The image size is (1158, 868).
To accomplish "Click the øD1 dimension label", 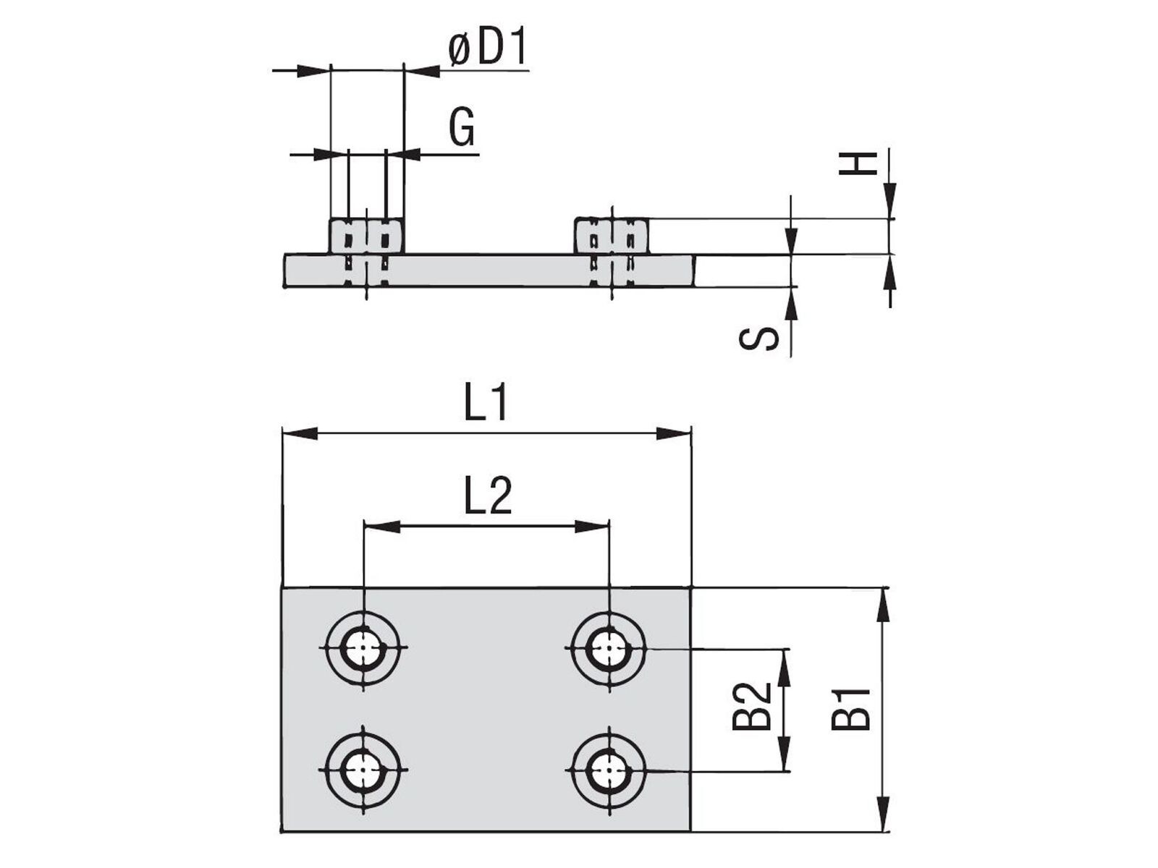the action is coord(488,48).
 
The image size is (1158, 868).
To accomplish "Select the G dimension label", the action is coord(462,127).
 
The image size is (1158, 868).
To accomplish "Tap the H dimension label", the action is coord(858,163).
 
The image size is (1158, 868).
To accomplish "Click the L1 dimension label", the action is coord(486,402).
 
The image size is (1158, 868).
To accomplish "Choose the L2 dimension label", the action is coord(488,495).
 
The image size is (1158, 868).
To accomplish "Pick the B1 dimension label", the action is coord(850,709).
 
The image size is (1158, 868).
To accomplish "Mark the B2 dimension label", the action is coord(752,706).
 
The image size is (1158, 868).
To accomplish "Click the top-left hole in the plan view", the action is coord(363,647).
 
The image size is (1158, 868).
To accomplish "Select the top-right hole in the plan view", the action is coord(609,647).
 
